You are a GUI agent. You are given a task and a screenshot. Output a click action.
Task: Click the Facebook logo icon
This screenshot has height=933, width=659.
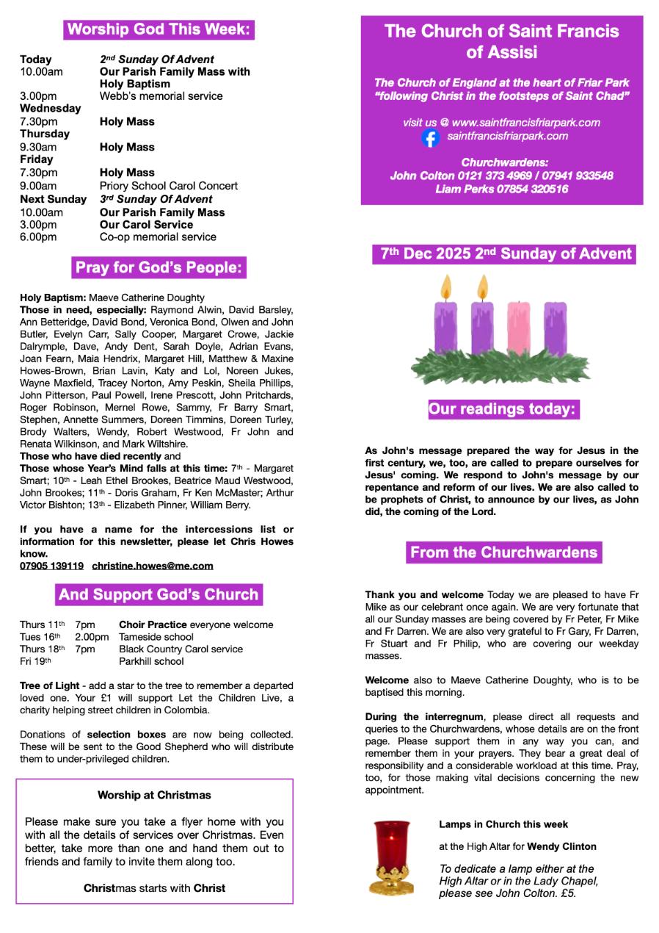pyautogui.click(x=431, y=137)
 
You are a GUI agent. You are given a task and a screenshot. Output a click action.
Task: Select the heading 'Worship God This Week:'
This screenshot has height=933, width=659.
pyautogui.click(x=159, y=29)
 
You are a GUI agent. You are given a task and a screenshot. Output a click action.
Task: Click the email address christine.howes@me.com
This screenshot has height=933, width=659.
pyautogui.click(x=153, y=566)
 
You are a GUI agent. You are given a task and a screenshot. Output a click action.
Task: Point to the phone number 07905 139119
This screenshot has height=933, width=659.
pyautogui.click(x=51, y=566)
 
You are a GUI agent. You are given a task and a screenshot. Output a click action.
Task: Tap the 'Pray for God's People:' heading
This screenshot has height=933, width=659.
pyautogui.click(x=159, y=267)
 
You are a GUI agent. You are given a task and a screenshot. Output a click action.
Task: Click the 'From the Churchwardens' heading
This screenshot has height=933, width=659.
pyautogui.click(x=503, y=552)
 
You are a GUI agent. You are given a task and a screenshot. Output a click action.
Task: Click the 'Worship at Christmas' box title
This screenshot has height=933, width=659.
pyautogui.click(x=154, y=795)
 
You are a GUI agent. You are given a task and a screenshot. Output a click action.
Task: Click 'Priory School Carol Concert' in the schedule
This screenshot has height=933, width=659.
pyautogui.click(x=169, y=186)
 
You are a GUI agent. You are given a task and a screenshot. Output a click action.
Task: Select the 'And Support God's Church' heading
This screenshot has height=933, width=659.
pyautogui.click(x=159, y=594)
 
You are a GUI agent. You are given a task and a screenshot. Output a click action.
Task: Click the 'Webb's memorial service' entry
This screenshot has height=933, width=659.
pyautogui.click(x=161, y=96)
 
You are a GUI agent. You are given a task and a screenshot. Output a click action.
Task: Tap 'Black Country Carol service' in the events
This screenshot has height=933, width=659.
pyautogui.click(x=181, y=649)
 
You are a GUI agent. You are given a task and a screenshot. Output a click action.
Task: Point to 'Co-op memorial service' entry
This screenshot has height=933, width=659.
pyautogui.click(x=158, y=237)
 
